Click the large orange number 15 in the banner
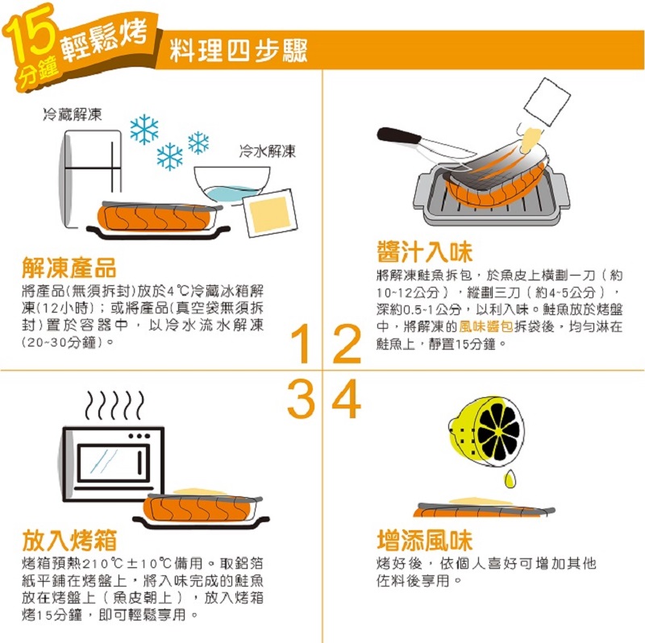(x=32, y=34)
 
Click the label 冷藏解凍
(x=73, y=114)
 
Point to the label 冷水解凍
(x=268, y=151)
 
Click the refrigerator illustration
(x=91, y=177)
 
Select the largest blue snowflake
(x=144, y=130)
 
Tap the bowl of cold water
(x=231, y=184)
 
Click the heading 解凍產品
(x=69, y=268)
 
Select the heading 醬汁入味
(x=425, y=252)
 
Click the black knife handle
(x=398, y=135)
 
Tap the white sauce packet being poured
(x=547, y=102)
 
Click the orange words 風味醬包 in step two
(x=485, y=327)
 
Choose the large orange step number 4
(x=347, y=398)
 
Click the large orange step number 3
(x=301, y=398)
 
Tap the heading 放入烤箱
(x=69, y=540)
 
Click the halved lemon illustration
(x=486, y=432)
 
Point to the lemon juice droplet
(x=510, y=479)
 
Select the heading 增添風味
(x=425, y=540)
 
